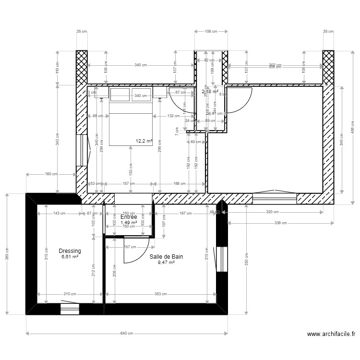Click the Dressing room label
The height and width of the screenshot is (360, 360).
tap(70, 251)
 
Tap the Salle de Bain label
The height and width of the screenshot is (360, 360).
tap(166, 257)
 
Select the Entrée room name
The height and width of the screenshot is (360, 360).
tap(129, 217)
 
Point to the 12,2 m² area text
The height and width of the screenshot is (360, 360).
tap(144, 141)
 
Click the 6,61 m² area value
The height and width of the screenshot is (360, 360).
tap(70, 257)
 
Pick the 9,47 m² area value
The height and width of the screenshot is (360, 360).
tap(166, 263)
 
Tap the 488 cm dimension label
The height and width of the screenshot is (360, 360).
tap(352, 126)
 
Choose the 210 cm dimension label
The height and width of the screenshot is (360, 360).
tap(70, 294)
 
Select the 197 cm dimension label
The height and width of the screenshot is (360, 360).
tap(185, 214)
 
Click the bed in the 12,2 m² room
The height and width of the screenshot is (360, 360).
tap(131, 118)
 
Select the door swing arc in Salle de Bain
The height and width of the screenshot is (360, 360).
tap(136, 253)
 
